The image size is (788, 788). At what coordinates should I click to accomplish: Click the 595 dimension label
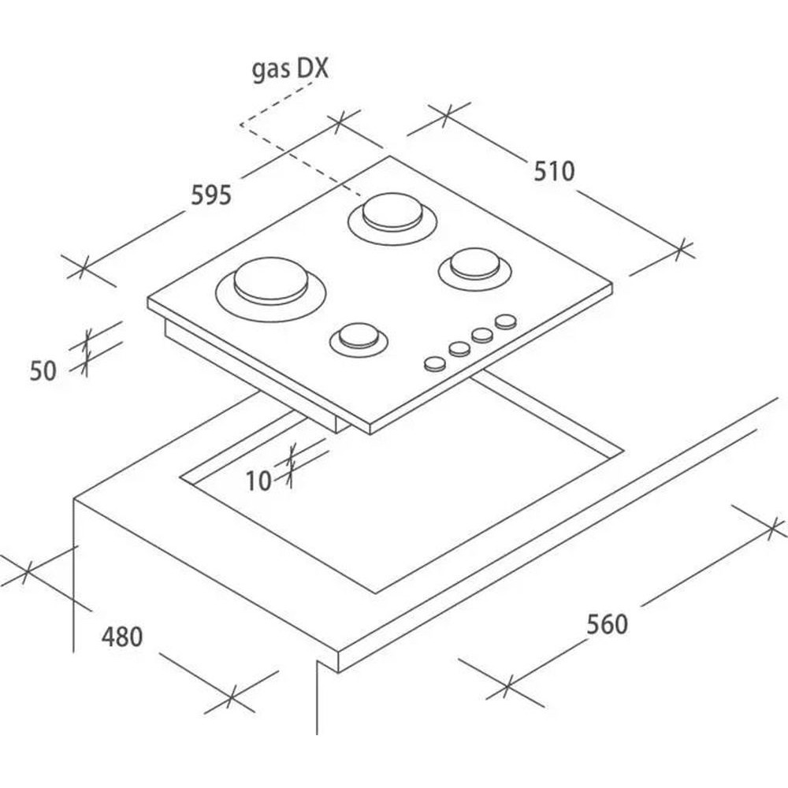coord(211,195)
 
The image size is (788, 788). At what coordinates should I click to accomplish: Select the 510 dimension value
coord(554,171)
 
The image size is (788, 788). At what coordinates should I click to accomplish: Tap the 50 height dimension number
coord(43,371)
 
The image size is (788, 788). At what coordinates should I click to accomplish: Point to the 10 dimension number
coord(258,481)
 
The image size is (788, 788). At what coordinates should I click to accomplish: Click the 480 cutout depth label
coord(122,637)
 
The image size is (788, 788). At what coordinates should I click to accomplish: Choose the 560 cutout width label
coord(607,625)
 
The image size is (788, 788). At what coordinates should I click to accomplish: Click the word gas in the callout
coord(271,70)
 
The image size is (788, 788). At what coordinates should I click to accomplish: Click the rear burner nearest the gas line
coord(392,218)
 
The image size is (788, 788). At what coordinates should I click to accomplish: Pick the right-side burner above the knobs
coord(475,269)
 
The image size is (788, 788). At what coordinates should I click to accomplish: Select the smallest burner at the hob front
coord(359,339)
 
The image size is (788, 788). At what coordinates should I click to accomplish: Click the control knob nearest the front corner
coord(435,364)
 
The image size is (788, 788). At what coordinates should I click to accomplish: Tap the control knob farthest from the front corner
coord(506,322)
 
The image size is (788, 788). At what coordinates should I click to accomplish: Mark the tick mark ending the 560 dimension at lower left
coord(507,685)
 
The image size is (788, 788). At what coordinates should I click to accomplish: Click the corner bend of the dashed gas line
coord(241,125)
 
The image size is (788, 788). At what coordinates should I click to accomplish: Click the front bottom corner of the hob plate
coord(370,433)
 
